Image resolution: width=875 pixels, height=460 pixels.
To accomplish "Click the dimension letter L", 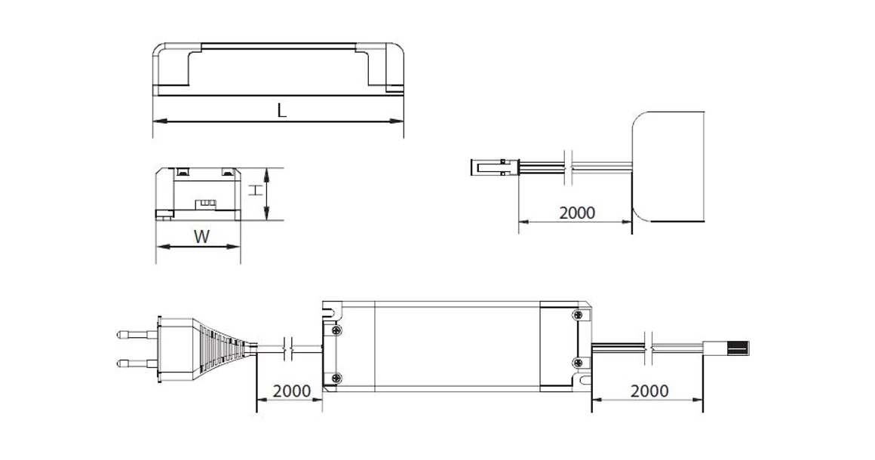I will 281,110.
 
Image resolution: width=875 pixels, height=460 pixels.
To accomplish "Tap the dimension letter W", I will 201,237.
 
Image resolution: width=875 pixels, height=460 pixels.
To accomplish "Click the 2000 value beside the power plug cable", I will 291,391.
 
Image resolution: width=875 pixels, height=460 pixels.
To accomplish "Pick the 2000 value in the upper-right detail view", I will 577,213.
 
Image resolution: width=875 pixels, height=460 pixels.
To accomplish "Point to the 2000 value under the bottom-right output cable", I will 649,391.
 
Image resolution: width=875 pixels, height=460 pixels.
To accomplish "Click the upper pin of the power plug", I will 136,333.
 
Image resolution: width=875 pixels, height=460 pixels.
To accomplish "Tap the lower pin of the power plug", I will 136,363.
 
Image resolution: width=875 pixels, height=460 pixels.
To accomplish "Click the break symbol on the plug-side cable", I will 287,348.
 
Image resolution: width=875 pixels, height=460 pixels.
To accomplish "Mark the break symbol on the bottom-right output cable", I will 648,348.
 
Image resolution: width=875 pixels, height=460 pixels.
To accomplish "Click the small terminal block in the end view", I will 205,203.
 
